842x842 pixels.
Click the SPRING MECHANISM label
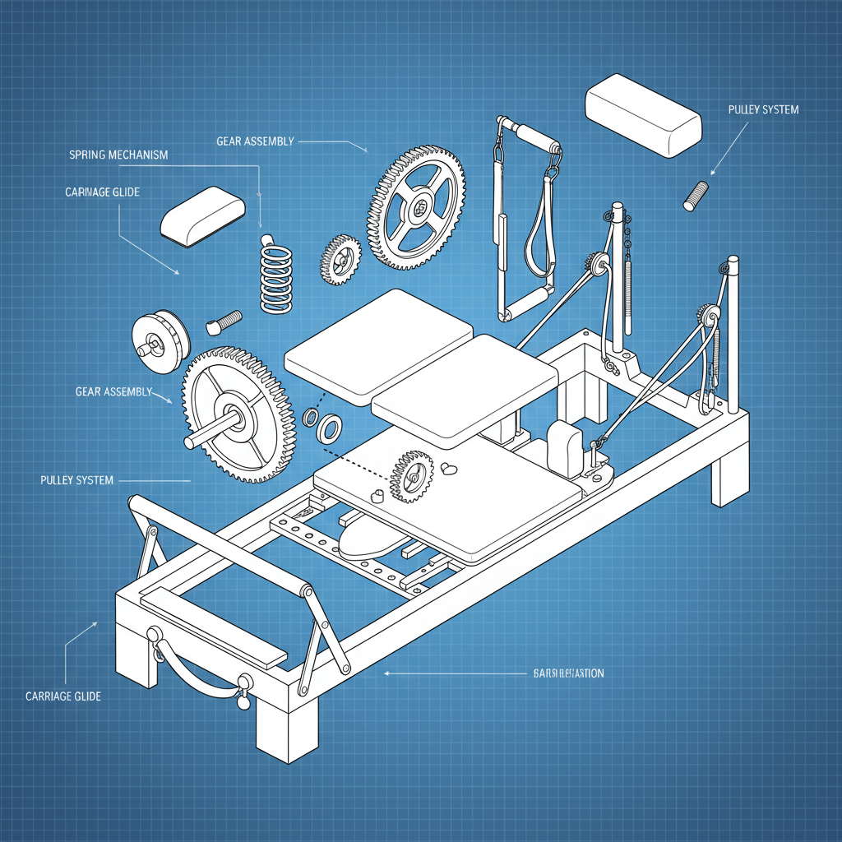coord(118,155)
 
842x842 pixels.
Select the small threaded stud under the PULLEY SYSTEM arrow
coord(696,194)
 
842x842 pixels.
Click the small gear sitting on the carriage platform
coord(412,475)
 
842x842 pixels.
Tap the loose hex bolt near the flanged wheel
coord(223,321)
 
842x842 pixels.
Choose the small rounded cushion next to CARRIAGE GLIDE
coord(202,215)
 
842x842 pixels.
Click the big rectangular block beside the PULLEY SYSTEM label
coord(643,114)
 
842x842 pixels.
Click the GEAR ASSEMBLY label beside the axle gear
coord(113,391)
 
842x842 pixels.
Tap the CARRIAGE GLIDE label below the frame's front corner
coord(63,696)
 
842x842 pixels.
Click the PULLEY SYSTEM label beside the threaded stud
coord(763,109)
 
